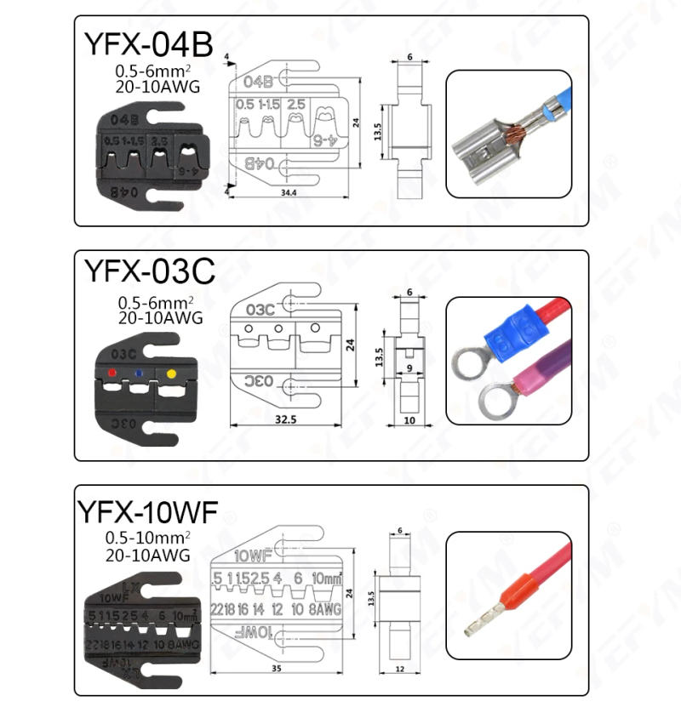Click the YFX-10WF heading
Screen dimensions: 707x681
coord(147,512)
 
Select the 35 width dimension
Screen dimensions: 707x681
coord(276,668)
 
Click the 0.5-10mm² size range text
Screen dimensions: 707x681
coord(147,538)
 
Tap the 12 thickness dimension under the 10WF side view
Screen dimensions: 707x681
coord(399,668)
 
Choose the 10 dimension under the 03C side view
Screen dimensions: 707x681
coord(409,420)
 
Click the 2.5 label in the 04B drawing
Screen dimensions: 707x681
coord(295,104)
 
